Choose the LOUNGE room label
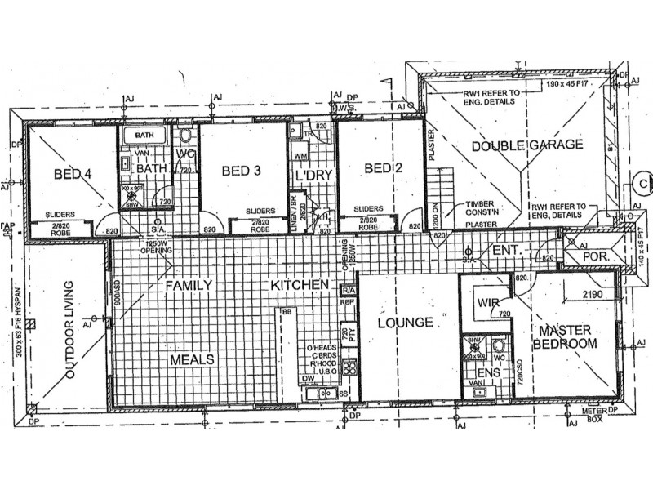coord(405,323)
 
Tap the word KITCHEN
coord(301,286)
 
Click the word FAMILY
coord(189,286)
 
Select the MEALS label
coord(193,359)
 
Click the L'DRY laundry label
coord(311,176)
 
